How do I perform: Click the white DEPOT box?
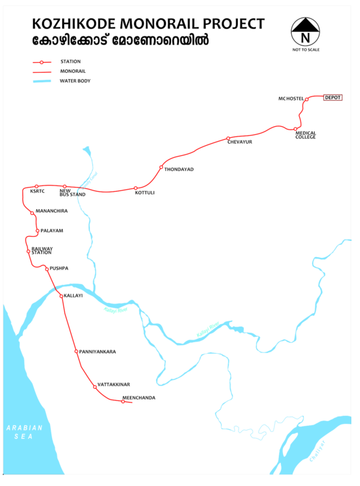tap(334, 98)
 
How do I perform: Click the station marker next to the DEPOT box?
tap(307, 99)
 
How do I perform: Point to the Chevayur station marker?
tap(228, 138)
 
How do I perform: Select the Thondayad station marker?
tap(161, 167)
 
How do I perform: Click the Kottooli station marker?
tap(135, 188)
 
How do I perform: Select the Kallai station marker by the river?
tap(60, 295)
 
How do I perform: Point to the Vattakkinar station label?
tap(113, 385)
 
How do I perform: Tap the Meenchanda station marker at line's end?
tap(123, 402)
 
